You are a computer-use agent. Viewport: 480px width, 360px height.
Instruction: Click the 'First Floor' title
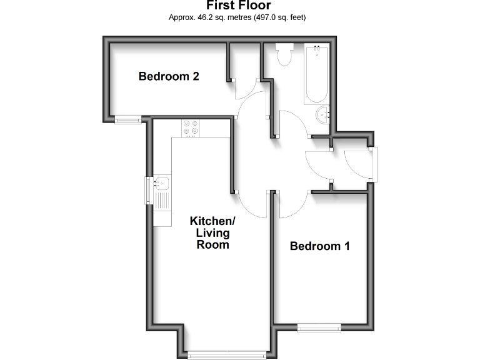[238, 6]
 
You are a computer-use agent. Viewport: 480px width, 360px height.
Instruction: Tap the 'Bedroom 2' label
[169, 77]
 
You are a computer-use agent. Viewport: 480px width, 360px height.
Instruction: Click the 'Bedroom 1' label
[319, 246]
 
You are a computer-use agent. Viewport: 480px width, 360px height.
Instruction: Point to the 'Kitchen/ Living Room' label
[212, 232]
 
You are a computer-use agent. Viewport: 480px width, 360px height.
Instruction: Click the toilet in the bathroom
[284, 55]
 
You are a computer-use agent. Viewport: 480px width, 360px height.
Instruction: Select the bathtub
[316, 74]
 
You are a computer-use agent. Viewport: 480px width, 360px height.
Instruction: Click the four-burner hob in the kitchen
[190, 127]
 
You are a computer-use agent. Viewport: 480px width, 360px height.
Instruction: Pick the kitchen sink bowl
[161, 183]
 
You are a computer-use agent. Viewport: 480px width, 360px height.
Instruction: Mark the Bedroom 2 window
[127, 119]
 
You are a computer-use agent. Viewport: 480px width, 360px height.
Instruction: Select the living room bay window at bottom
[227, 354]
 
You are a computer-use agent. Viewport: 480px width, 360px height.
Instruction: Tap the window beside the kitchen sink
[147, 190]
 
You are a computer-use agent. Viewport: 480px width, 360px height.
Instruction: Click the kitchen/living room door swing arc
[250, 203]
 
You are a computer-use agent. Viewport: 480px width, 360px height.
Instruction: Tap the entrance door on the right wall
[374, 164]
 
